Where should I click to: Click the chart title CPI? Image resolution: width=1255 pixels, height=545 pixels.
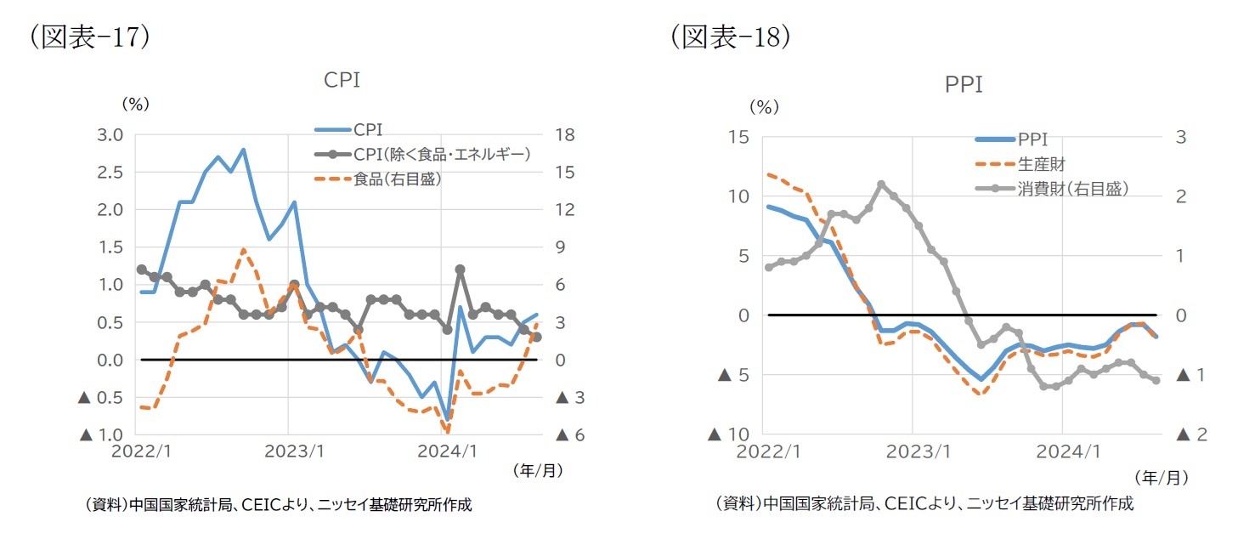[342, 80]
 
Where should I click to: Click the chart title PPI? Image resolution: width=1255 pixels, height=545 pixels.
[964, 85]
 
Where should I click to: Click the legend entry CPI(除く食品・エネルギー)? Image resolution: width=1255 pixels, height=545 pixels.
[441, 155]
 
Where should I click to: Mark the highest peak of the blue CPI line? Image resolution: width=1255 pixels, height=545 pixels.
[243, 150]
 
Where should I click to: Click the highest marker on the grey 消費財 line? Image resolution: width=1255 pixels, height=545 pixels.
[881, 185]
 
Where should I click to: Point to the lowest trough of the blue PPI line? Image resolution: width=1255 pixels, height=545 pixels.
[981, 379]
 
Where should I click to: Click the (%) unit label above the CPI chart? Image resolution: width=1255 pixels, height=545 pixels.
[136, 104]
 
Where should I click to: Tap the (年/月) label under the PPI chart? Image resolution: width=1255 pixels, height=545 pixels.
[1161, 478]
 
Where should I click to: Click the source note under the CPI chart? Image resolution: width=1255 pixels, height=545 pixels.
[279, 505]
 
